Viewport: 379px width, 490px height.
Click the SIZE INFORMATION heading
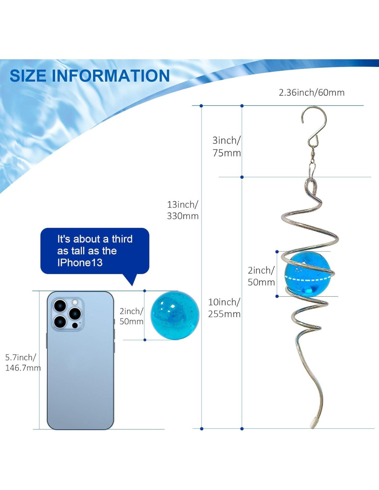[90, 75]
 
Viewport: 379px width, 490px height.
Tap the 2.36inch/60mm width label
[311, 93]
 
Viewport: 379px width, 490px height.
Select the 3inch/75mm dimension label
[227, 147]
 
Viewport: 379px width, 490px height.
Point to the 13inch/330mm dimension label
[183, 210]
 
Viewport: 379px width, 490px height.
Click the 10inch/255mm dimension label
[224, 308]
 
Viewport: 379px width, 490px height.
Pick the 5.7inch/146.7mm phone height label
[23, 363]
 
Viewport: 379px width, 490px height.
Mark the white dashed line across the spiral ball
[308, 278]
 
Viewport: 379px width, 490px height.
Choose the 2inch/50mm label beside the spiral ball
[261, 276]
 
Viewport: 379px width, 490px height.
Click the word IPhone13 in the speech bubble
[80, 263]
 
